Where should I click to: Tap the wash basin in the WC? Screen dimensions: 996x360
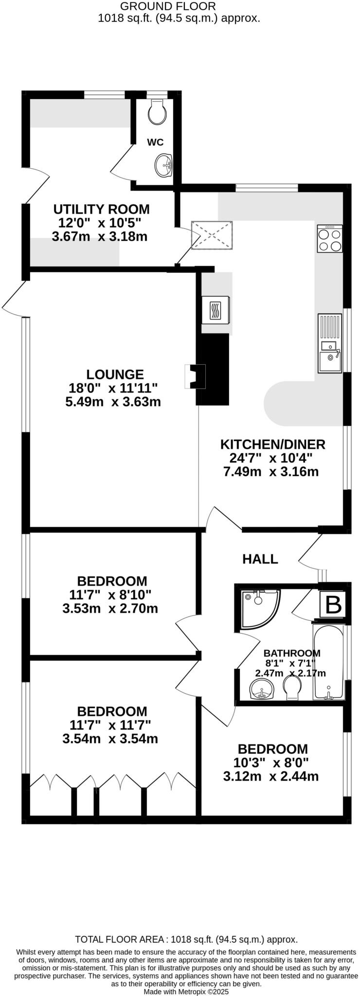coord(164,165)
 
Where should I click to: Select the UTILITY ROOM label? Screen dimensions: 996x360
coord(101,210)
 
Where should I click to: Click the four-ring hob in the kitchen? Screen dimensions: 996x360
coord(329,239)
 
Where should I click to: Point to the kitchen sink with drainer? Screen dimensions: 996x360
coord(330,343)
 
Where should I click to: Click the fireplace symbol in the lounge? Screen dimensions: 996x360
coord(195,377)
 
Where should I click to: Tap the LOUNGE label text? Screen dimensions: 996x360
coord(115,374)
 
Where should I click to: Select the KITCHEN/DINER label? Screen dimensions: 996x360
coord(272,444)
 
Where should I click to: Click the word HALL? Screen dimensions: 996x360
coord(260,559)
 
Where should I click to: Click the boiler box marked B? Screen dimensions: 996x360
coord(333,605)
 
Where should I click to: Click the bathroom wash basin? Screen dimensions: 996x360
coord(262,690)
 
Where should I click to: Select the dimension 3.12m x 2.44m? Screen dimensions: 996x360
coord(271,776)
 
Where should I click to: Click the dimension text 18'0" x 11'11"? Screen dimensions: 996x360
coord(113,388)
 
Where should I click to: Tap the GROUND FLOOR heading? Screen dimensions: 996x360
coord(167,6)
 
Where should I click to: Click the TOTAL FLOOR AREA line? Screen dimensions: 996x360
coord(186,940)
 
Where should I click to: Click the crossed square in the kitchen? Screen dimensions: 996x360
coord(212,236)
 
